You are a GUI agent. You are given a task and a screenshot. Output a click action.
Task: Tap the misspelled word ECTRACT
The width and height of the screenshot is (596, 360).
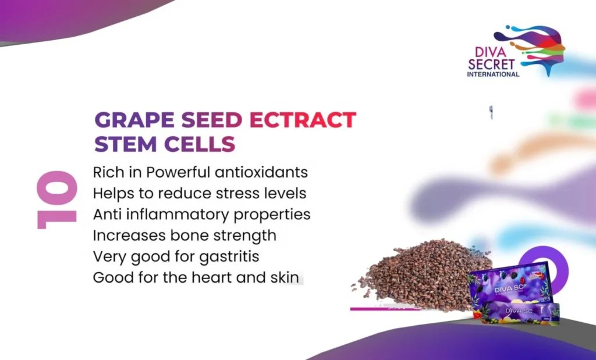(303, 120)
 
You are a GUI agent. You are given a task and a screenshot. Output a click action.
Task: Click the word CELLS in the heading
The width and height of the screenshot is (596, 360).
(200, 144)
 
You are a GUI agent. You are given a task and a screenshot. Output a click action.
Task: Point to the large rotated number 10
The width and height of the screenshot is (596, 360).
(57, 199)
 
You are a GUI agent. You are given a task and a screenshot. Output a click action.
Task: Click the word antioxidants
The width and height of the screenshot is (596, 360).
(261, 172)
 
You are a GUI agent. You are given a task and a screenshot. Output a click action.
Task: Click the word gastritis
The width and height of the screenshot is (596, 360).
(229, 256)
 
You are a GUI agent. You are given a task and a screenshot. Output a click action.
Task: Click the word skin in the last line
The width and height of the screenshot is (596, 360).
(285, 277)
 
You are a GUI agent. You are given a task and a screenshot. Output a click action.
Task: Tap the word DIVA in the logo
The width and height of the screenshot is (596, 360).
(491, 52)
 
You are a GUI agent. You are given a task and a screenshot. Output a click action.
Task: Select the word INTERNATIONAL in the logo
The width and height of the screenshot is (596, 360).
(493, 74)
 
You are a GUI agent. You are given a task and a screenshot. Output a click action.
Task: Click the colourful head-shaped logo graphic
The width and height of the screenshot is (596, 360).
(532, 48)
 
